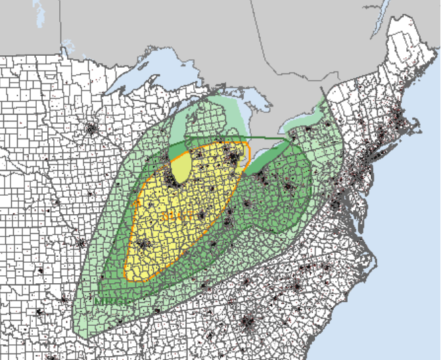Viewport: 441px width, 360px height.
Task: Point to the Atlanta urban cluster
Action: click(248, 323)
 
